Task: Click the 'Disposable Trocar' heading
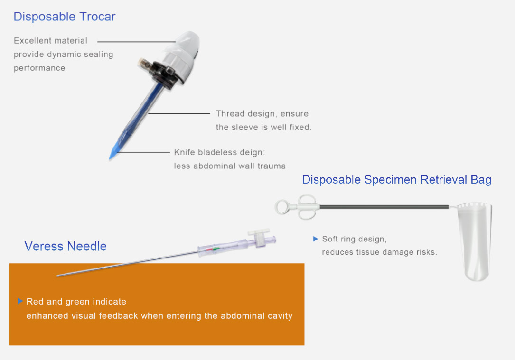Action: [x=65, y=17]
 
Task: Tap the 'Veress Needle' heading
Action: [x=66, y=246]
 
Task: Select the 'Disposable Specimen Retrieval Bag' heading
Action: [x=396, y=180]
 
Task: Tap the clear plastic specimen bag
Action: [x=475, y=241]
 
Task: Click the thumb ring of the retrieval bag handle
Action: [x=282, y=207]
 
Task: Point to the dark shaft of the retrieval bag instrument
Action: [x=384, y=207]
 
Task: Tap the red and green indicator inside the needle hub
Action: [x=213, y=249]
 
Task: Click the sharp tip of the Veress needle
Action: [x=57, y=275]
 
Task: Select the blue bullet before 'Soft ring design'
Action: [x=315, y=239]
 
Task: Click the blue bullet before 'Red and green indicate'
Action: [x=20, y=301]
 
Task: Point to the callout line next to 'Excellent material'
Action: [x=136, y=42]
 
